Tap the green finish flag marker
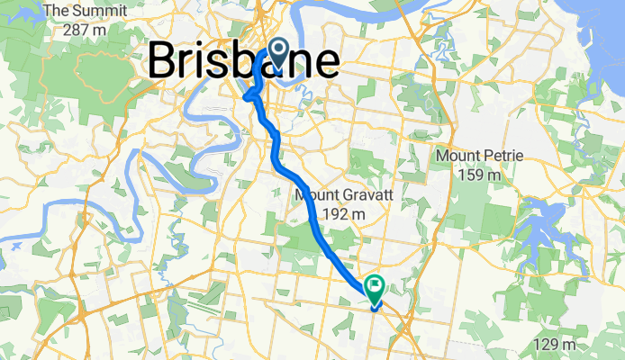tap(374, 288)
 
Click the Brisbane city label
tap(243, 61)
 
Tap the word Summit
tap(94, 12)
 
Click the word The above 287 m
tap(57, 12)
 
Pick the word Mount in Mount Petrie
tap(457, 156)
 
